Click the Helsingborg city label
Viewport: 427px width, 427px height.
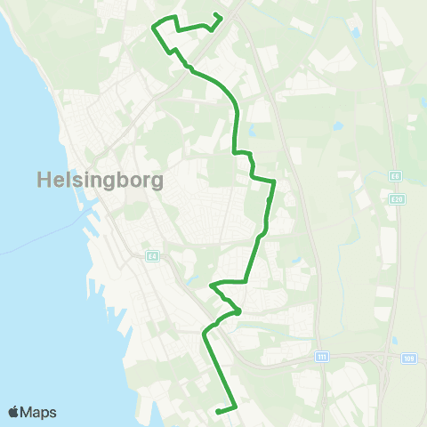(x=101, y=180)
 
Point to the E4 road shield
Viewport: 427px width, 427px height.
(x=152, y=256)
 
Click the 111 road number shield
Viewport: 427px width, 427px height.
(x=322, y=356)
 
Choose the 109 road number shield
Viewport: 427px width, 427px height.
(x=408, y=358)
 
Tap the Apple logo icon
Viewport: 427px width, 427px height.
(x=15, y=412)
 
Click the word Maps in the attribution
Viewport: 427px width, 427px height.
(x=39, y=412)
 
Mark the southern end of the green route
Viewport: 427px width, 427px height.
(x=218, y=410)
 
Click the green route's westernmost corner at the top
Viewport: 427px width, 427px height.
(x=154, y=28)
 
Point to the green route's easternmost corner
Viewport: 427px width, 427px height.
(x=274, y=181)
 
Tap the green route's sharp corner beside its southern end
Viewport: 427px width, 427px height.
(x=237, y=407)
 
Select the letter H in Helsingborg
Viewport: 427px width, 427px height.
(x=44, y=180)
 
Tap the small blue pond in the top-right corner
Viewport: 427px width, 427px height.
(x=357, y=34)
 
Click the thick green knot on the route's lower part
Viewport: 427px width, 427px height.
(x=238, y=310)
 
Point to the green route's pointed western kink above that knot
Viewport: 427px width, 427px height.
(x=212, y=286)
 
